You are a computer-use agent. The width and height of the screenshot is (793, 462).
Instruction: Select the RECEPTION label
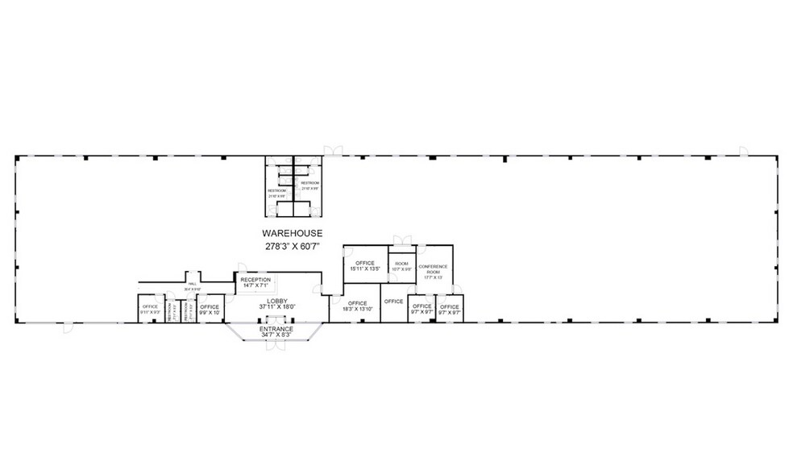[256, 280]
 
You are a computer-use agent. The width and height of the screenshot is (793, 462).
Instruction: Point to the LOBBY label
[277, 300]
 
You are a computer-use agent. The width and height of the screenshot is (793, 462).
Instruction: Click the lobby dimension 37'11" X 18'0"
[277, 306]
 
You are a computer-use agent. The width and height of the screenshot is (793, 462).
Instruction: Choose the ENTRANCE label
[276, 329]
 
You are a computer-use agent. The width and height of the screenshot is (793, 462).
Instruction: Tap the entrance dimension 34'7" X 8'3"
[276, 335]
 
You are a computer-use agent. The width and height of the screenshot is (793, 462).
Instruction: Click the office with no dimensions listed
[393, 302]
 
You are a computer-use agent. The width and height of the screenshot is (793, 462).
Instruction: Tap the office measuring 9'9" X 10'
[210, 308]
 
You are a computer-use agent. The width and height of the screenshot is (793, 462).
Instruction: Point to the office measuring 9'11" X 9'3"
[150, 308]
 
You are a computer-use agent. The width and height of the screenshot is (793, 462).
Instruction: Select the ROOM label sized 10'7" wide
[401, 265]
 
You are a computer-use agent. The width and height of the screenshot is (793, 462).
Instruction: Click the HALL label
[193, 285]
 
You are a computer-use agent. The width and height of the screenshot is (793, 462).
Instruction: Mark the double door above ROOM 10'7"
[401, 239]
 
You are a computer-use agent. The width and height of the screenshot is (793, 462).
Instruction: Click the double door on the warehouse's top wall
[333, 151]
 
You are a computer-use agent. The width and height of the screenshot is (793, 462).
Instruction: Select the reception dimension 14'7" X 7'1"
[256, 285]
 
